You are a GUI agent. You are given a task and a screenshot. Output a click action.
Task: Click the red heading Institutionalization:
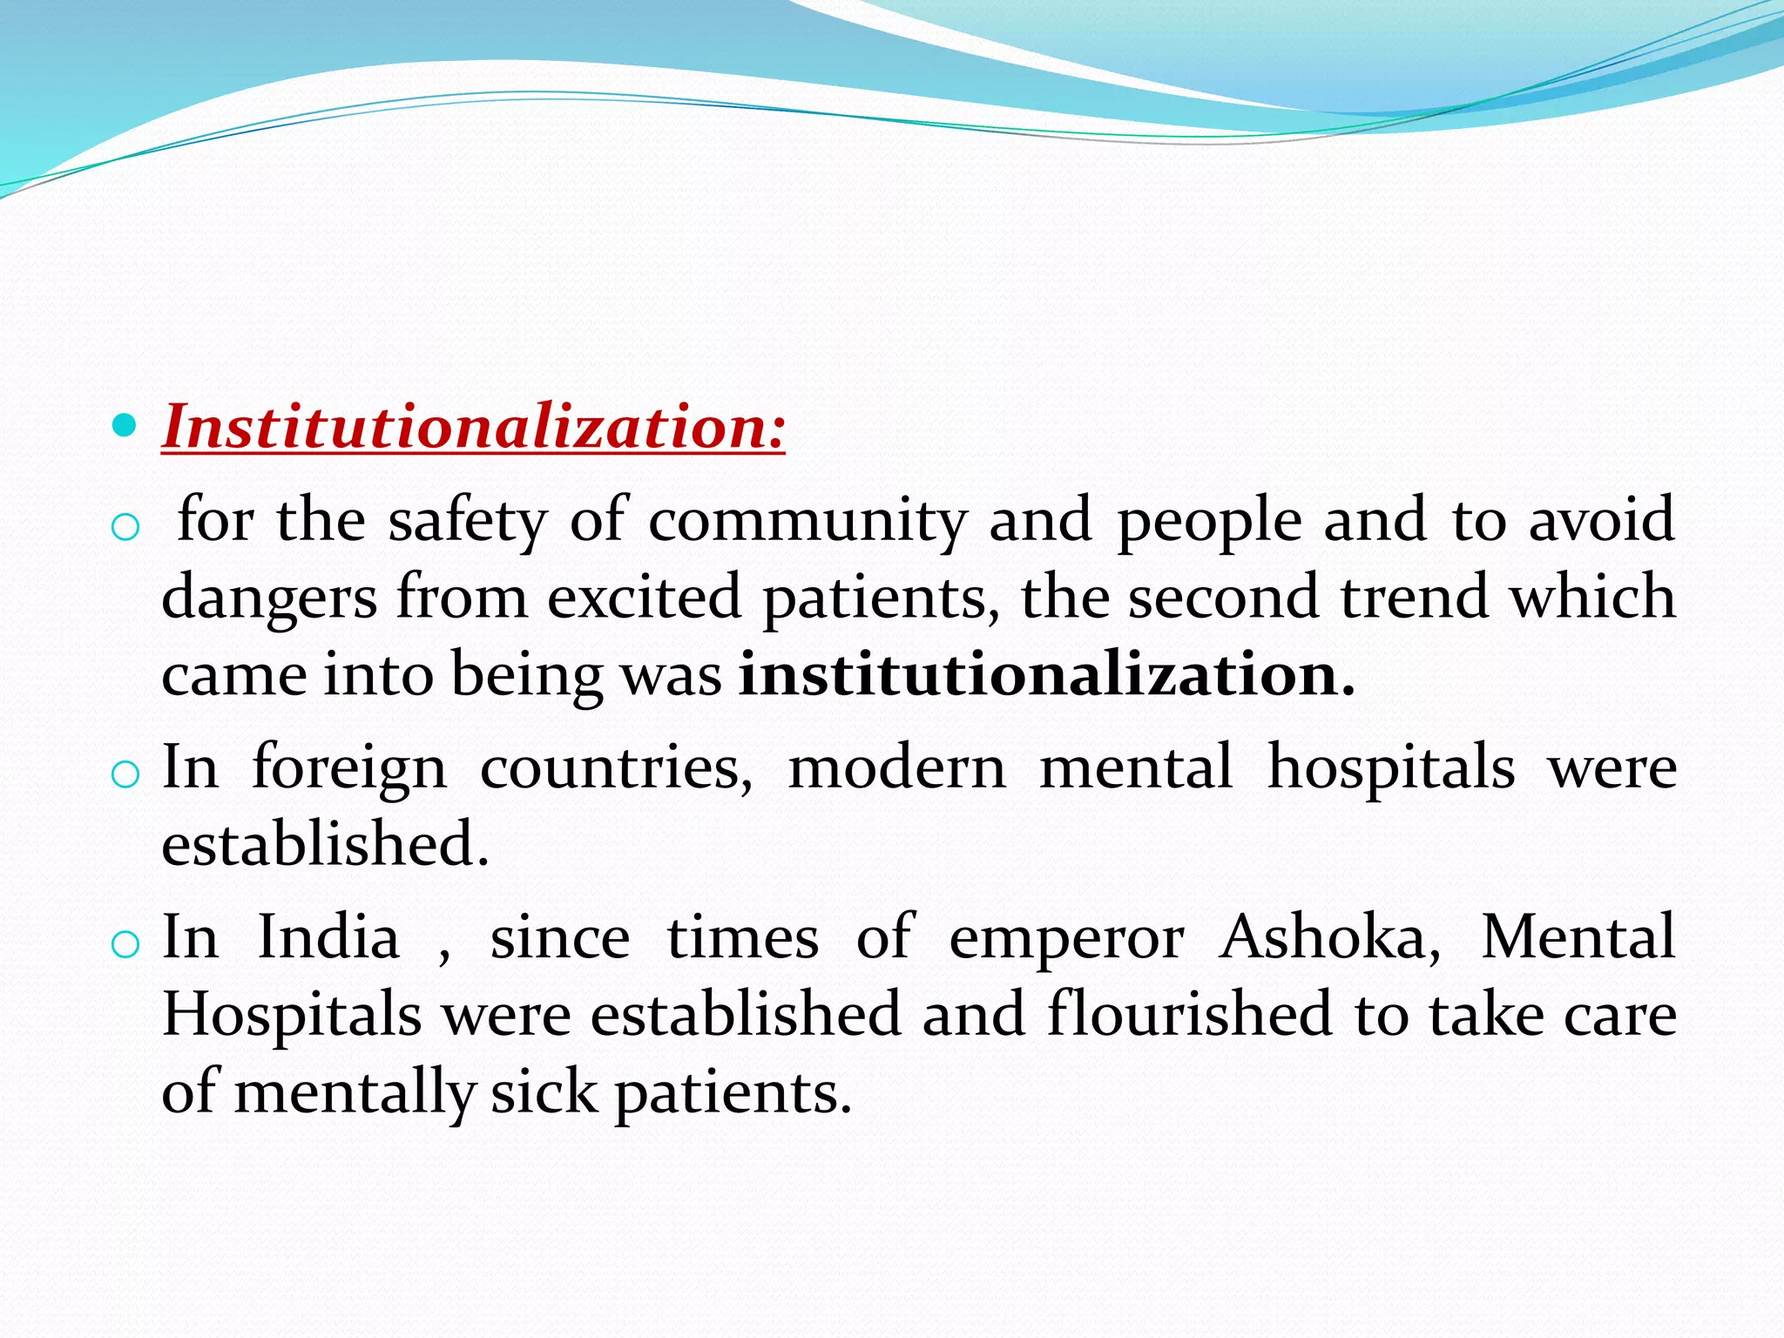[473, 427]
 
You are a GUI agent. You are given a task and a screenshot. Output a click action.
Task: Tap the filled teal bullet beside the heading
[125, 425]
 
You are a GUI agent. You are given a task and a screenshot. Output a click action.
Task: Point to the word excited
[644, 598]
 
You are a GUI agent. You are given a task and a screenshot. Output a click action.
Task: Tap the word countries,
[616, 767]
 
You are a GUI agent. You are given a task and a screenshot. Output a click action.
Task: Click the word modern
[896, 767]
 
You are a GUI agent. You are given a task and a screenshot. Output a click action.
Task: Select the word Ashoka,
[1329, 937]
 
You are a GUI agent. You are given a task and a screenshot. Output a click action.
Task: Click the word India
[328, 937]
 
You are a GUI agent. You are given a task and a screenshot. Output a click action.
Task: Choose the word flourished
[1189, 1014]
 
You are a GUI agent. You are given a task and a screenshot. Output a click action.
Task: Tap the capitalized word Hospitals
[292, 1016]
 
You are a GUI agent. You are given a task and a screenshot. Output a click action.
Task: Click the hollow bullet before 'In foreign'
[126, 774]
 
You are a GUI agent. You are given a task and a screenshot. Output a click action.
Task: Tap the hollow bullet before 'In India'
[126, 943]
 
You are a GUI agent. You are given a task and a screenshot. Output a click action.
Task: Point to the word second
[1223, 598]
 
